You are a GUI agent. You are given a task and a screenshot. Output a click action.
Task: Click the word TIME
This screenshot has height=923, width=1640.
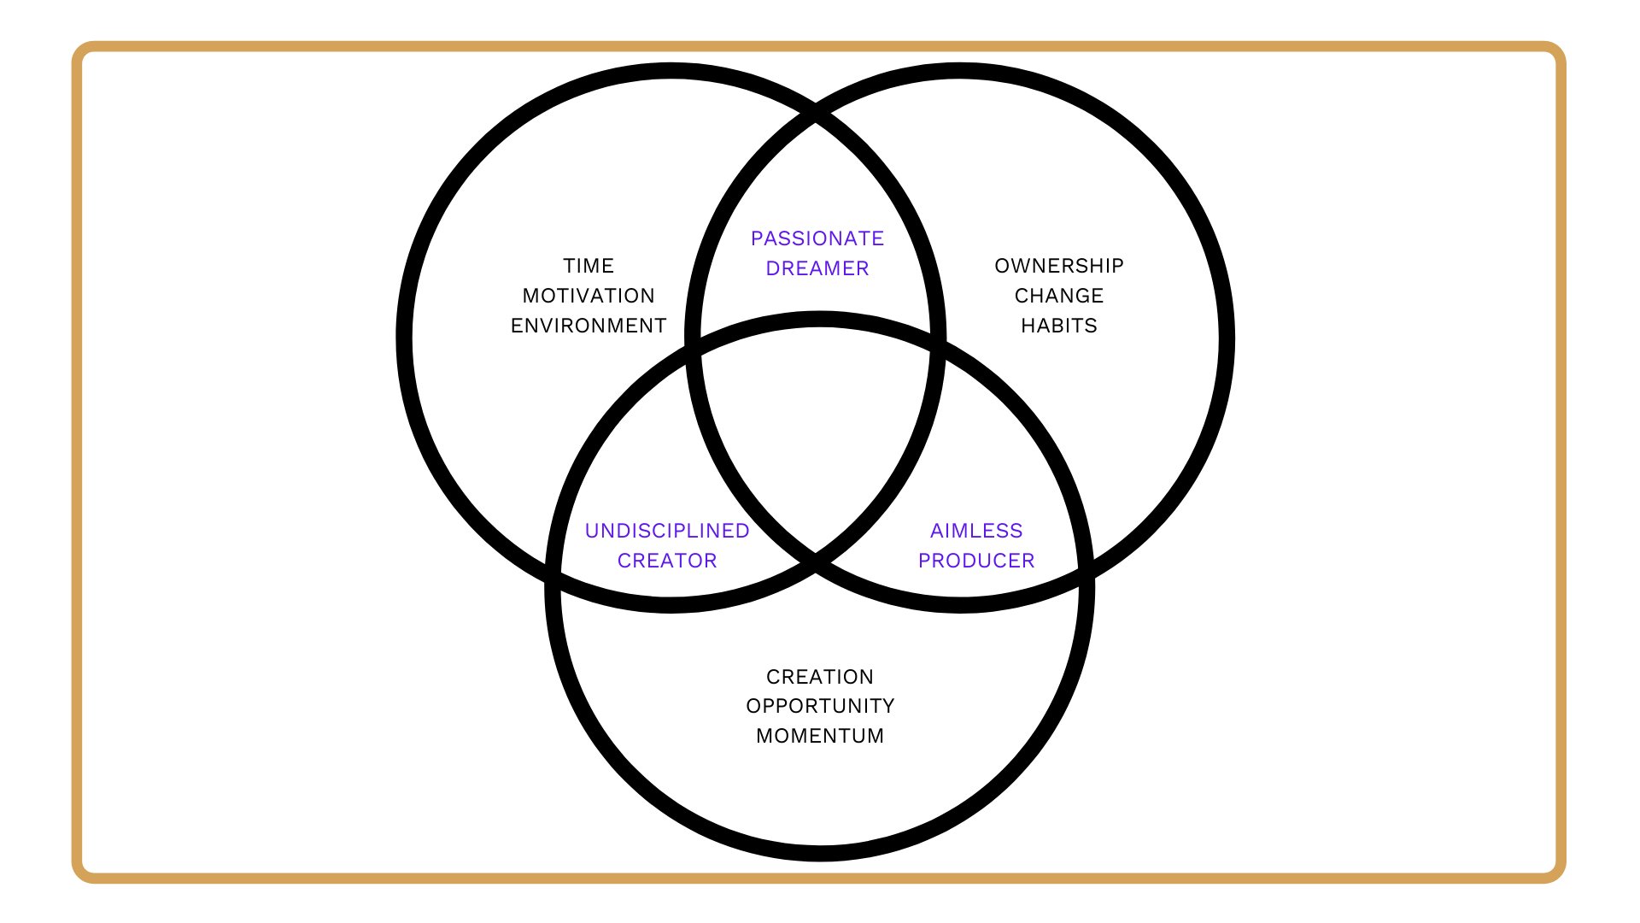pyautogui.click(x=589, y=266)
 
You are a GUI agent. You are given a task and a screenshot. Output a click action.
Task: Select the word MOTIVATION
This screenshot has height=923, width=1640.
pyautogui.click(x=589, y=296)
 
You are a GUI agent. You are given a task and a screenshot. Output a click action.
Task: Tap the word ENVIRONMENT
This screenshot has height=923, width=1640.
pyautogui.click(x=589, y=326)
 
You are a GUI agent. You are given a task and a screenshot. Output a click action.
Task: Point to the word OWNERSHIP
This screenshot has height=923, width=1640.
pyautogui.click(x=1059, y=266)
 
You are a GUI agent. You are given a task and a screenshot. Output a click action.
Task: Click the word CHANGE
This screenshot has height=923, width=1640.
pyautogui.click(x=1059, y=296)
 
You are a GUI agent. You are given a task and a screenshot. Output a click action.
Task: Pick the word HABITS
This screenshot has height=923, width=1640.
pyautogui.click(x=1059, y=326)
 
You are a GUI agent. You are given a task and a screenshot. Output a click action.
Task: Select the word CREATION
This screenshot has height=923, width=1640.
pyautogui.click(x=820, y=677)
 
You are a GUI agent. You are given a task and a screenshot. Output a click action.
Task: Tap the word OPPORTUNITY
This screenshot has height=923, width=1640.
pyautogui.click(x=820, y=706)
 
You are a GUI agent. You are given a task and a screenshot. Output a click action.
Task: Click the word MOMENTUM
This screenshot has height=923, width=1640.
pyautogui.click(x=820, y=736)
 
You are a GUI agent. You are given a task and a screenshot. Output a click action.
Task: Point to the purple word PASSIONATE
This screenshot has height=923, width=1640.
pyautogui.click(x=817, y=238)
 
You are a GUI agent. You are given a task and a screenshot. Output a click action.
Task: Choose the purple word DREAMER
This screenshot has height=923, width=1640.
pyautogui.click(x=817, y=268)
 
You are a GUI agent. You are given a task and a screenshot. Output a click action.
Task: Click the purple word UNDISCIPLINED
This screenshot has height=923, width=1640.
pyautogui.click(x=667, y=531)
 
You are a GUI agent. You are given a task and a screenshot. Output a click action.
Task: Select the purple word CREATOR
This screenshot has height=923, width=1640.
pyautogui.click(x=667, y=561)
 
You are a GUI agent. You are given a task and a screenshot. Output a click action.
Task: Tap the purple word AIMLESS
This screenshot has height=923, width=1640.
pyautogui.click(x=976, y=531)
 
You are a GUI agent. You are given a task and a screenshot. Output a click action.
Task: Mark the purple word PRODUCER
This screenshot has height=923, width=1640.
pyautogui.click(x=976, y=561)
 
